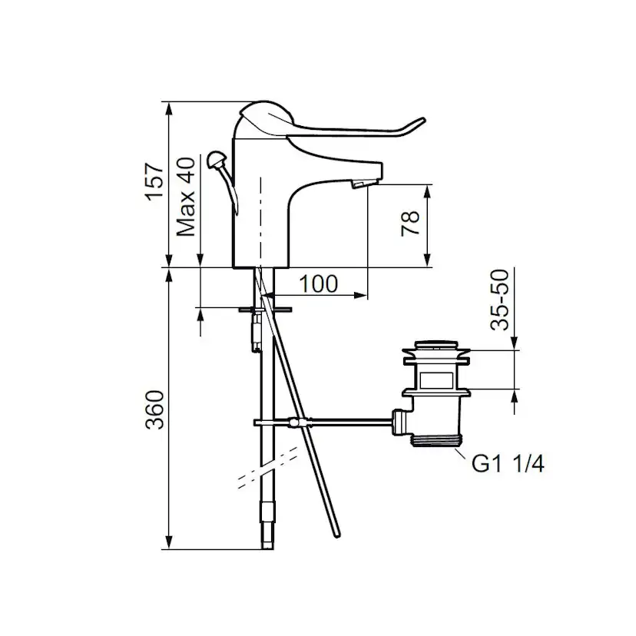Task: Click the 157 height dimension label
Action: tap(155, 181)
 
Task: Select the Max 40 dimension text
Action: tap(186, 197)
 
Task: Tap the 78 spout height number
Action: tap(409, 223)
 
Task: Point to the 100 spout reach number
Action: tap(319, 284)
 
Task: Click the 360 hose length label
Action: tap(155, 409)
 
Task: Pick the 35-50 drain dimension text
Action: tap(499, 300)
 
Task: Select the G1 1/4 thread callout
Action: tap(508, 463)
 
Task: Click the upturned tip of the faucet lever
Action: tap(421, 121)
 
